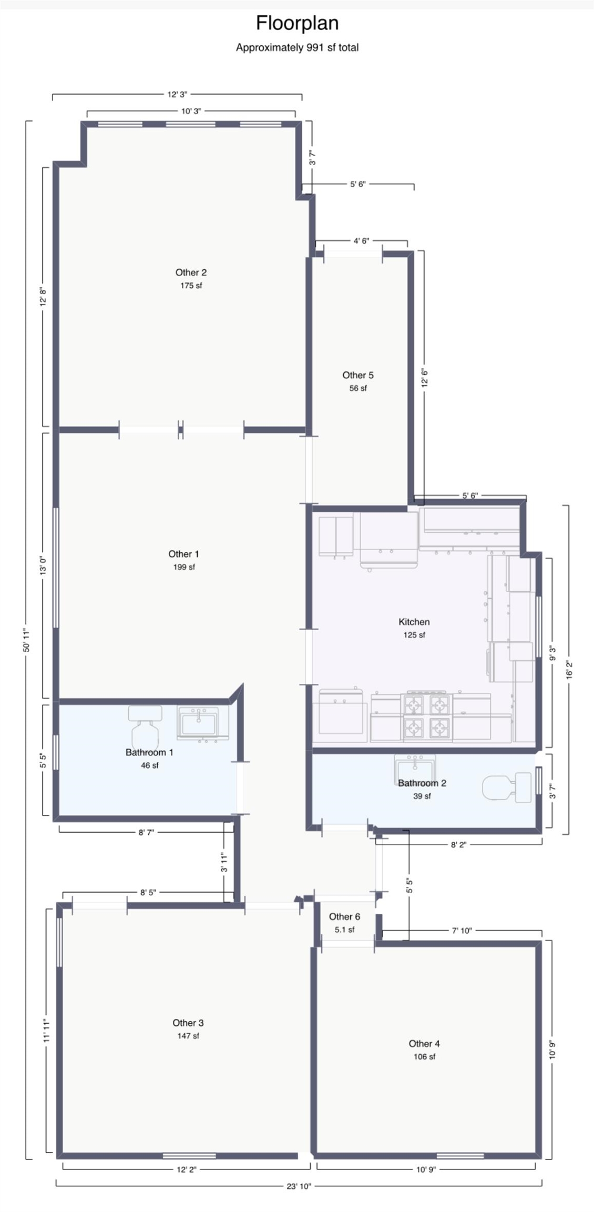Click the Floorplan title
click(x=297, y=23)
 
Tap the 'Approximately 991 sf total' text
click(x=297, y=47)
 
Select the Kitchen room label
click(x=414, y=622)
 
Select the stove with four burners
click(x=426, y=716)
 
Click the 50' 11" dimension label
click(x=27, y=640)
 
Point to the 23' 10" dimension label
click(x=299, y=1186)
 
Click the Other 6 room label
click(x=344, y=916)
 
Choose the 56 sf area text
click(x=358, y=388)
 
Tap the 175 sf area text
click(x=191, y=286)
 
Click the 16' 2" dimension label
click(x=569, y=670)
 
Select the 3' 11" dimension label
click(x=224, y=862)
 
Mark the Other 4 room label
click(x=424, y=1043)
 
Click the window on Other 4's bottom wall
click(x=460, y=1156)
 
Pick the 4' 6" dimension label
click(x=361, y=241)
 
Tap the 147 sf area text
click(x=188, y=1036)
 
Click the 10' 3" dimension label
click(x=191, y=111)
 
